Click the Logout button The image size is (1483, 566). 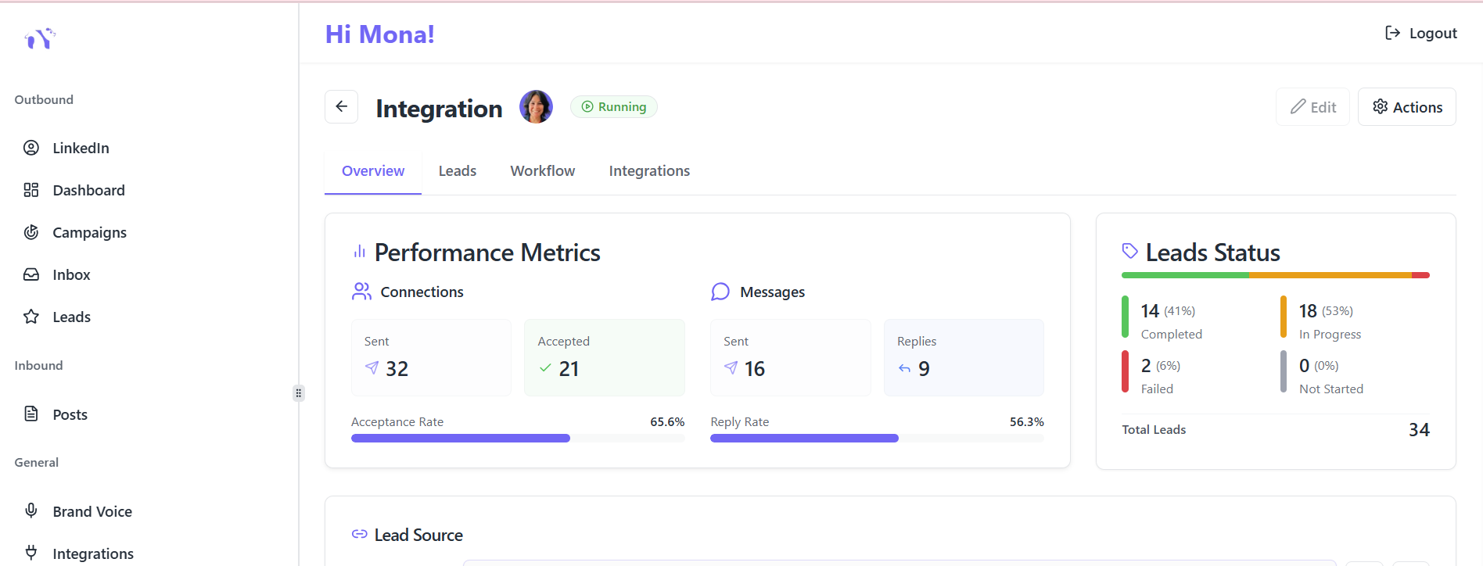1420,33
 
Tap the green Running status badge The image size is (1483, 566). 614,107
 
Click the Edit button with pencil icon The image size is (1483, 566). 1313,107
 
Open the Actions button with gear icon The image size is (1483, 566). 1407,107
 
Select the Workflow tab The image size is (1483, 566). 543,171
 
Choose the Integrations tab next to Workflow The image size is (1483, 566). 649,171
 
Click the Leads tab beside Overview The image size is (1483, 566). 458,171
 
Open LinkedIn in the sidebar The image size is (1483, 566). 81,148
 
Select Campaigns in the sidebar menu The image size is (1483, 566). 89,232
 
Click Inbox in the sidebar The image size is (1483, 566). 71,274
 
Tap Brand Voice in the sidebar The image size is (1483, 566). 92,511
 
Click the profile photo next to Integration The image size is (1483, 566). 537,106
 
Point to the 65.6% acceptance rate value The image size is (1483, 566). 667,421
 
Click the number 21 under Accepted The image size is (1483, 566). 569,369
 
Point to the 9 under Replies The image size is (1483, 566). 924,369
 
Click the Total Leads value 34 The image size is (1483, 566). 1419,430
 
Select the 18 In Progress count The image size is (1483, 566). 1308,311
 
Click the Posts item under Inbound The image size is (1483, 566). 70,414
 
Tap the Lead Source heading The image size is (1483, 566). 418,536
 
